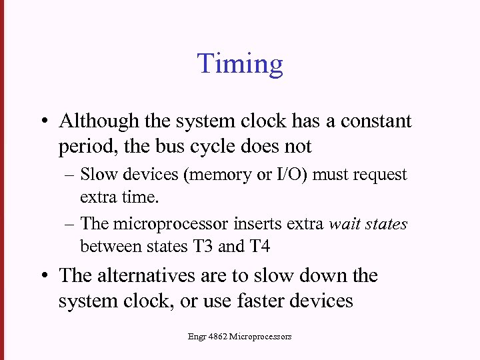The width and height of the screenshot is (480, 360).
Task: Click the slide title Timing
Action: point(240,64)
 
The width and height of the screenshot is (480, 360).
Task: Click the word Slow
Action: point(97,175)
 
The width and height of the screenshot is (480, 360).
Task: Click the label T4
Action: point(259,247)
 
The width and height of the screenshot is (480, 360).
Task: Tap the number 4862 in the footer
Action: point(217,337)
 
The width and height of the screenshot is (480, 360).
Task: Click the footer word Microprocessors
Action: point(260,337)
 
